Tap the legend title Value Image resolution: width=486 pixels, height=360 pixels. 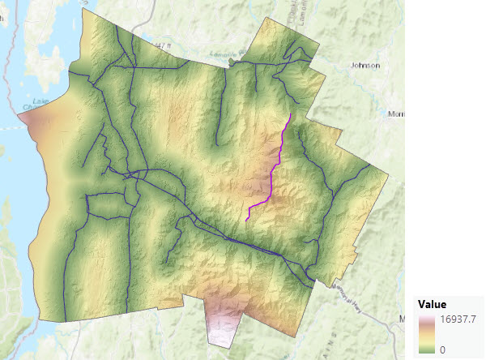433,304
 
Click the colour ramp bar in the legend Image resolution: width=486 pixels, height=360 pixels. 425,333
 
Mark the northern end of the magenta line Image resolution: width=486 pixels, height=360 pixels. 290,113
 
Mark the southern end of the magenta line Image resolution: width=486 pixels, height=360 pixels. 246,219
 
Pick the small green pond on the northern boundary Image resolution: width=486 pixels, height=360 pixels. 233,61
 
